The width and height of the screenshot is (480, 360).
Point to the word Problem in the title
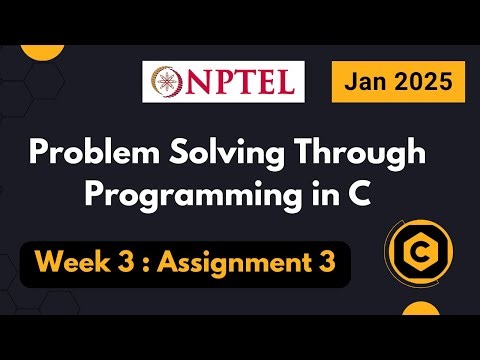(x=88, y=155)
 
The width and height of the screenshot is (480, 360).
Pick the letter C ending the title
(x=360, y=192)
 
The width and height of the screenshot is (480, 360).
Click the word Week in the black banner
(x=72, y=264)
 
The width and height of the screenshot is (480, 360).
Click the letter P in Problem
(x=40, y=155)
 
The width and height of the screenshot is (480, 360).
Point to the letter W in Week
(x=49, y=264)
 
